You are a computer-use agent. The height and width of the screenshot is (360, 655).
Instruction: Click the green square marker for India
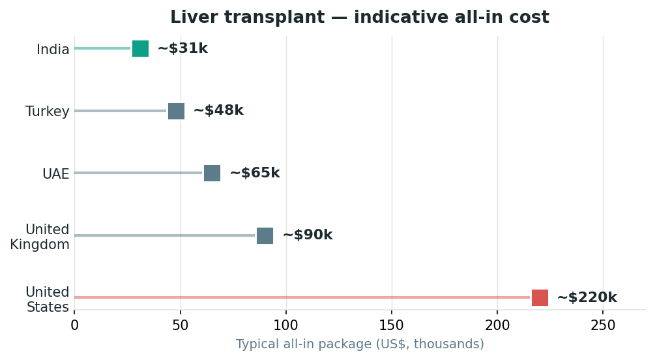coord(140,48)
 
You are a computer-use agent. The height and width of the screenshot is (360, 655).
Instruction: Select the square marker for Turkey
coord(176,111)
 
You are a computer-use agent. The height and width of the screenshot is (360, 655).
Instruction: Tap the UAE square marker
coord(212,173)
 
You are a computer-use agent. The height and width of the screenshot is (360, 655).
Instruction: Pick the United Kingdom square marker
coord(265,236)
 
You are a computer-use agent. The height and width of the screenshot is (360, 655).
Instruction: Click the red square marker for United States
coord(540,297)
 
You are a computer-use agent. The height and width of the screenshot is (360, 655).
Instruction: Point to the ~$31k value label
coord(182,48)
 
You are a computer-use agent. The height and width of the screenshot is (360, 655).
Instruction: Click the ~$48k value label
coord(218,110)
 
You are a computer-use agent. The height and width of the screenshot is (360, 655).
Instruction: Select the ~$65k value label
coord(255,173)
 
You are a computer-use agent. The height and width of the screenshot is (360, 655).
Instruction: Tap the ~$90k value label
coord(308,235)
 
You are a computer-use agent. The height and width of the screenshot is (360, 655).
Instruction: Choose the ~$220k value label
coord(587,297)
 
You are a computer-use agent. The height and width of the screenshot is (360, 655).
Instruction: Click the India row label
coord(53,50)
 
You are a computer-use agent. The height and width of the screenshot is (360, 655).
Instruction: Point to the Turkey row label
coord(47,112)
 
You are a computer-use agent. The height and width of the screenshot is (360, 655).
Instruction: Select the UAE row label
coord(56,173)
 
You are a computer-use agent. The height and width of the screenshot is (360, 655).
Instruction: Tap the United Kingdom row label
coord(40,237)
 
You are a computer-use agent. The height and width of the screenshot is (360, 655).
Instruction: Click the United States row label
coord(47,299)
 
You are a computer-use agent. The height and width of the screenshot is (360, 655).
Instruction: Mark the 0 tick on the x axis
coord(74,325)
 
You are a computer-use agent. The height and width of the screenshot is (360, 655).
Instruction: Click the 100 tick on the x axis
coord(286,325)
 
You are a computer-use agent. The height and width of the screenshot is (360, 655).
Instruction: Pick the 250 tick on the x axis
coord(604,325)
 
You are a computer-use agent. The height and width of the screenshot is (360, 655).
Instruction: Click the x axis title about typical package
coord(360,344)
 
